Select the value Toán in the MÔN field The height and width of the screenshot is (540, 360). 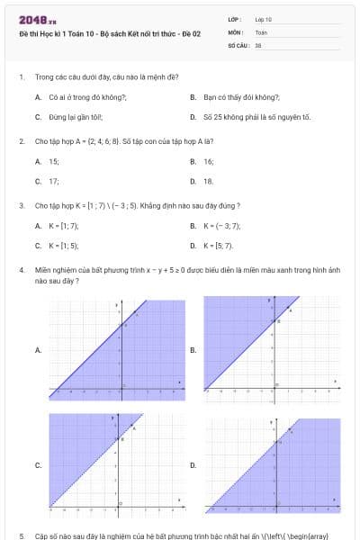pos(261,31)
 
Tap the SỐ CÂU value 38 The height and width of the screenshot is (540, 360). pos(258,44)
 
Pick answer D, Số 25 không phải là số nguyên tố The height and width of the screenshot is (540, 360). pos(256,117)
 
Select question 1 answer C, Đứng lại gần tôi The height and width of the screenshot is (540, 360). pos(76,117)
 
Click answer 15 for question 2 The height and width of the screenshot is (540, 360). pos(54,161)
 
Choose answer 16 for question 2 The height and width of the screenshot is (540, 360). pos(209,161)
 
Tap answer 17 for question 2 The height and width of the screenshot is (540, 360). pos(54,181)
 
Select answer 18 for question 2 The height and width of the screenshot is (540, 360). pos(209,181)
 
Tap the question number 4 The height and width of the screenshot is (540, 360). pos(21,270)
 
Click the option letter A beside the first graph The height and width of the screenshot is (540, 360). pos(38,349)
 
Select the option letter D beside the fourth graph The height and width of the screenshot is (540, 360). pos(193,465)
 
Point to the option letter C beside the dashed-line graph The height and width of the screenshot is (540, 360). pos(38,465)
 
